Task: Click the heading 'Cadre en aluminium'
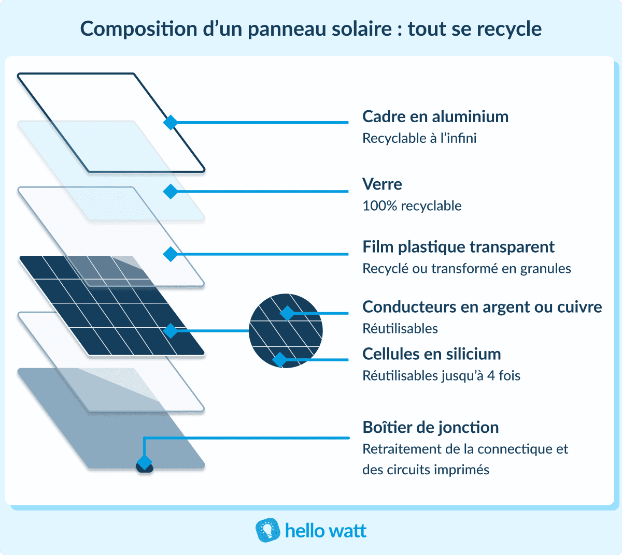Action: click(x=435, y=117)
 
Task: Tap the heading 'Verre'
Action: click(x=382, y=184)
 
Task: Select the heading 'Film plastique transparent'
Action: click(x=458, y=247)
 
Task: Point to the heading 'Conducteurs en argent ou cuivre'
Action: click(x=482, y=307)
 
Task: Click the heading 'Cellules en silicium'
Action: click(x=431, y=354)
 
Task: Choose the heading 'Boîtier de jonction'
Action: click(x=430, y=428)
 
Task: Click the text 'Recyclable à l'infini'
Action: click(x=419, y=139)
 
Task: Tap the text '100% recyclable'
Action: click(x=412, y=206)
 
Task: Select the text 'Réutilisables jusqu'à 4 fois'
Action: click(x=441, y=376)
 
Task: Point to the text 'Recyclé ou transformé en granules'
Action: click(x=466, y=269)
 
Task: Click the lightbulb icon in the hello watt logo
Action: click(x=268, y=531)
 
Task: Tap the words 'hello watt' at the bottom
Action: click(x=326, y=531)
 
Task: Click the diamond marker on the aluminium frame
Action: click(x=170, y=123)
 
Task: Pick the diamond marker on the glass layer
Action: click(x=170, y=192)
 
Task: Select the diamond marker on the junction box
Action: click(x=144, y=462)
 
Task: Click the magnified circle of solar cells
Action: click(x=286, y=331)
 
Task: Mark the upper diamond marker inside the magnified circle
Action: click(x=287, y=313)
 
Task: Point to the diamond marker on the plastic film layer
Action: click(x=170, y=254)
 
